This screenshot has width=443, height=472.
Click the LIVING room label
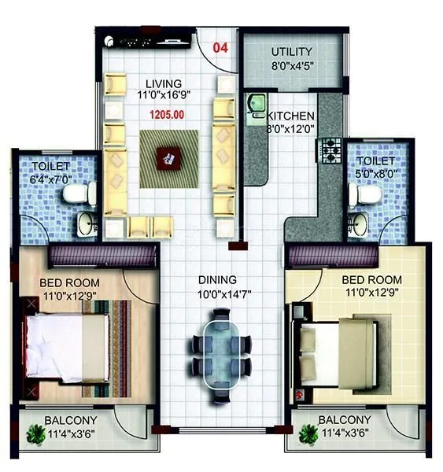point(164,83)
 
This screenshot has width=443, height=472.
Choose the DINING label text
point(217,279)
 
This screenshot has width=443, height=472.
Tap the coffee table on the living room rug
point(168,157)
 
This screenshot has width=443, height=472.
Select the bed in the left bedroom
point(68,347)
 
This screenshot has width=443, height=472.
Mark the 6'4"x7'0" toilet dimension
point(51,179)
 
